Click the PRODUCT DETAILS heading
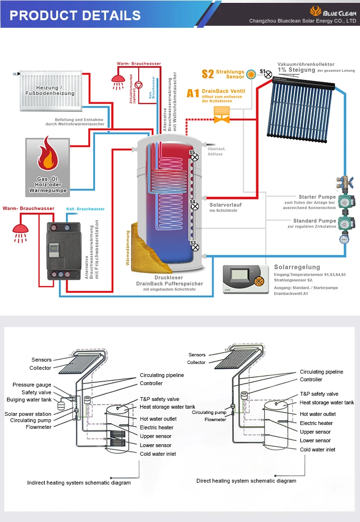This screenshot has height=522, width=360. pyautogui.click(x=75, y=15)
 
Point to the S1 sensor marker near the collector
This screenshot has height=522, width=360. pyautogui.click(x=268, y=73)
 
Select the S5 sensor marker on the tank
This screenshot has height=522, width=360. pyautogui.click(x=192, y=157)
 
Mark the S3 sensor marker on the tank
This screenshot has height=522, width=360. pyautogui.click(x=193, y=246)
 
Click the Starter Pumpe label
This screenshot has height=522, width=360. pyautogui.click(x=317, y=197)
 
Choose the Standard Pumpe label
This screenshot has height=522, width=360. pyautogui.click(x=317, y=221)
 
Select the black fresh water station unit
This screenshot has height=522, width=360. pyautogui.click(x=64, y=251)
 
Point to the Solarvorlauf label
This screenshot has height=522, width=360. pyautogui.click(x=225, y=205)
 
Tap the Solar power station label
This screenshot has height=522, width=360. pyautogui.click(x=28, y=414)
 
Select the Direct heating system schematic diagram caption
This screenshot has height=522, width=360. pyautogui.click(x=246, y=481)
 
